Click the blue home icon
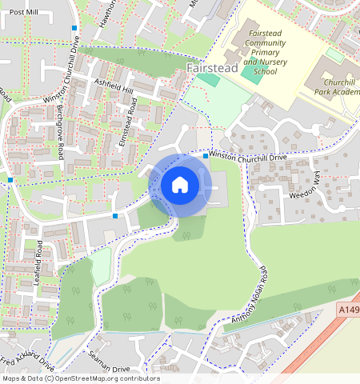tap(180, 185)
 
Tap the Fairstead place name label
tap(211, 70)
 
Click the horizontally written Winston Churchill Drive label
tap(248, 157)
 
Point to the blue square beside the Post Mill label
tap(74, 28)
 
